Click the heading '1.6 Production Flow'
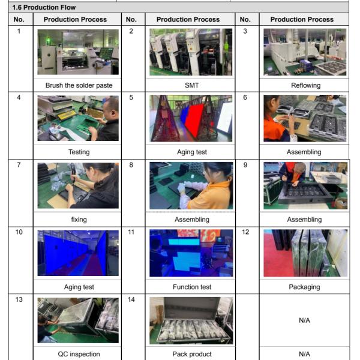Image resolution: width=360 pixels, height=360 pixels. coord(44,7)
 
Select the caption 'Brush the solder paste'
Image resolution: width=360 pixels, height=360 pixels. coord(79,85)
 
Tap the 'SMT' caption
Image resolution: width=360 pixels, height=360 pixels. coord(192,85)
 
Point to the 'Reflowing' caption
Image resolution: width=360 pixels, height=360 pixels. coord(305,85)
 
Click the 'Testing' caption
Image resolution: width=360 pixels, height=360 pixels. coord(79,152)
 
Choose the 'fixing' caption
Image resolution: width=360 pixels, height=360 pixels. coord(79,220)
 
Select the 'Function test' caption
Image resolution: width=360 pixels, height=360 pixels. coord(192,287)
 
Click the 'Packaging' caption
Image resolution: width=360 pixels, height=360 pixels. coord(304,287)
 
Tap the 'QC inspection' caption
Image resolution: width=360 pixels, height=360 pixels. coord(79,354)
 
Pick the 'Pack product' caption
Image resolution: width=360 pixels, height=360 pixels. coord(192,354)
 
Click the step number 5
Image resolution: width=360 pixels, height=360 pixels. coord(131,97)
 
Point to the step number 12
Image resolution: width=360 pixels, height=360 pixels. coord(245,232)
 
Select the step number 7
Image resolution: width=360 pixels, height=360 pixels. coord(19,165)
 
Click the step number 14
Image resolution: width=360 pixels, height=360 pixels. coord(131,299)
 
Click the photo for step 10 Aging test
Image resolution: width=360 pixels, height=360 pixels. coord(78,253)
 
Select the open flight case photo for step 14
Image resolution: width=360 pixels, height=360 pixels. coord(191,320)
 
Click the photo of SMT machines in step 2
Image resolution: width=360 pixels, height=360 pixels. coord(191,52)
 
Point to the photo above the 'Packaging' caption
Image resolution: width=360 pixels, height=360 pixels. coord(305,253)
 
